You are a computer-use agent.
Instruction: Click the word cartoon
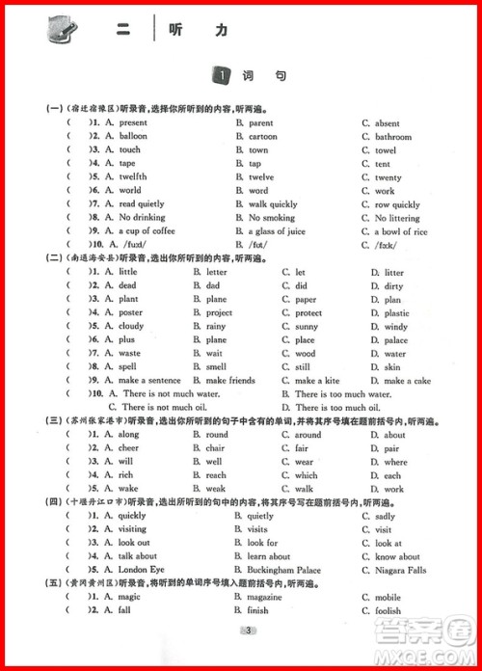262,137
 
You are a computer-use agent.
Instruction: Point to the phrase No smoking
272,218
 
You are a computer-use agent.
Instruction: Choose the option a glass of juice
277,231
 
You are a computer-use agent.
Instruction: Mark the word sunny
308,327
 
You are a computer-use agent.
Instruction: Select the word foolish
388,610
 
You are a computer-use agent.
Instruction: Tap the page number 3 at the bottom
248,632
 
